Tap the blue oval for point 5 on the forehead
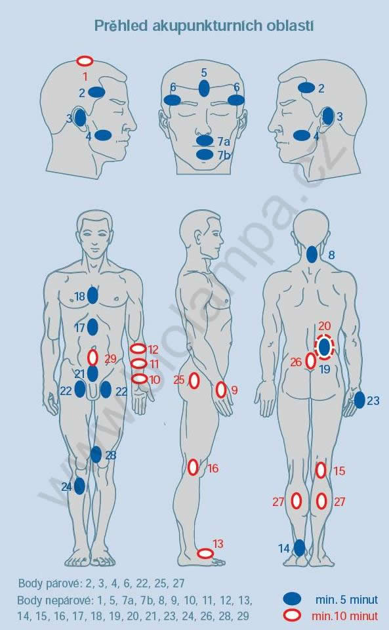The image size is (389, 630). (204, 88)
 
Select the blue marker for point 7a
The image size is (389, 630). (205, 140)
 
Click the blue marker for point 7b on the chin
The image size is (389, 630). (205, 154)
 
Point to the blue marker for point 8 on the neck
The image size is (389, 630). (312, 255)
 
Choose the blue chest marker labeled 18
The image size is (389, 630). (92, 296)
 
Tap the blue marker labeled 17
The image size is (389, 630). (92, 327)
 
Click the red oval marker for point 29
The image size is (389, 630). (92, 357)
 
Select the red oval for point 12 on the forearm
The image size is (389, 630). (138, 348)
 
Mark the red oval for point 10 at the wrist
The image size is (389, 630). (139, 379)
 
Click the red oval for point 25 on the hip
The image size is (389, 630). (194, 381)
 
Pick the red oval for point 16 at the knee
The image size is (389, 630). (193, 467)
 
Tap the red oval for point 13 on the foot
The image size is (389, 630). (205, 553)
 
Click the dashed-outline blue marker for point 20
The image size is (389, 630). (324, 346)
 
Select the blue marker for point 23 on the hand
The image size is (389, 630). (359, 400)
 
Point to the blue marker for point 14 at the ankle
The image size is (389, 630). (300, 547)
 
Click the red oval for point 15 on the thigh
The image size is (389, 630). (320, 471)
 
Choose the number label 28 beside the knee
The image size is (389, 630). (111, 455)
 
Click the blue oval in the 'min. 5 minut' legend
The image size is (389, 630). (292, 598)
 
